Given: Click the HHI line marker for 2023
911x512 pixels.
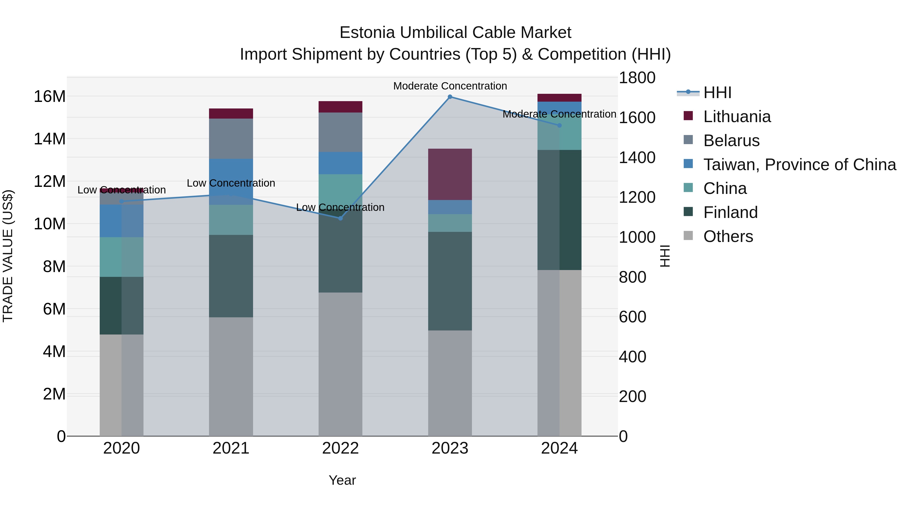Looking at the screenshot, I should (x=450, y=97).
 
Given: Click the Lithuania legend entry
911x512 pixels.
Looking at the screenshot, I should (x=737, y=117).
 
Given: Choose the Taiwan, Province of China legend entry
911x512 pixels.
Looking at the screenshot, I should (x=799, y=165).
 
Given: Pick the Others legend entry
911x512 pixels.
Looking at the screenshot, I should (x=728, y=236).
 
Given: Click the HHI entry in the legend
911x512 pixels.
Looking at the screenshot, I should (x=717, y=93).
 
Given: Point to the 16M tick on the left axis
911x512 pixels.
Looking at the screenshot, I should (x=50, y=97).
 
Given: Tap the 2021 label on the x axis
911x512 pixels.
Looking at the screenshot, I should (x=231, y=448).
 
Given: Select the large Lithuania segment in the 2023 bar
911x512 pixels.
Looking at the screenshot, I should (x=450, y=174).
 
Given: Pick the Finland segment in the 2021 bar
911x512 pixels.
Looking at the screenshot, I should (x=231, y=276).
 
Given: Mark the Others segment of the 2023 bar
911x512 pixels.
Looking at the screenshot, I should (x=450, y=383).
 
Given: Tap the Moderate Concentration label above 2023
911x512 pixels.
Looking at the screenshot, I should (x=450, y=86).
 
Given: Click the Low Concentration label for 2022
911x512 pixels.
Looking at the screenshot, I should (x=340, y=207).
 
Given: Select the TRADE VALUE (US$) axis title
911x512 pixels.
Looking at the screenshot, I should (x=8, y=256).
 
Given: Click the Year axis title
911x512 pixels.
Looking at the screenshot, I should (x=342, y=480).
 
